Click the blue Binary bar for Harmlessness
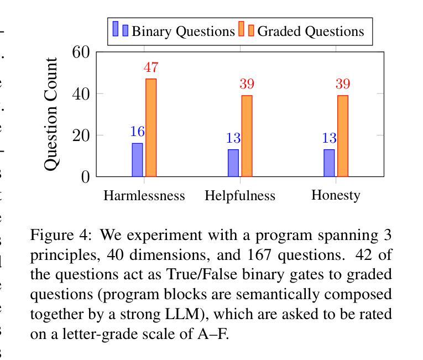pyautogui.click(x=137, y=160)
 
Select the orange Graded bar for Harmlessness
pyautogui.click(x=151, y=128)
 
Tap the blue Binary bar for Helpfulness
pyautogui.click(x=233, y=163)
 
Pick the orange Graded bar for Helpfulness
pyautogui.click(x=247, y=136)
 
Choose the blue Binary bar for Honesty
pyautogui.click(x=329, y=163)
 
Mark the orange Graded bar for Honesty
pyautogui.click(x=343, y=136)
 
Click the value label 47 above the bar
pyautogui.click(x=151, y=67)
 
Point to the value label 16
pyautogui.click(x=137, y=132)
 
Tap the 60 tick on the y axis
pyautogui.click(x=81, y=53)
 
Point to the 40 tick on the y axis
pyautogui.click(x=81, y=93)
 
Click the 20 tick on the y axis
pyautogui.click(x=81, y=135)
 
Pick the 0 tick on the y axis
pyautogui.click(x=86, y=177)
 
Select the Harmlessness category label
pyautogui.click(x=144, y=196)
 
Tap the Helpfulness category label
pyautogui.click(x=240, y=196)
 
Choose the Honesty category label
pyautogui.click(x=336, y=195)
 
